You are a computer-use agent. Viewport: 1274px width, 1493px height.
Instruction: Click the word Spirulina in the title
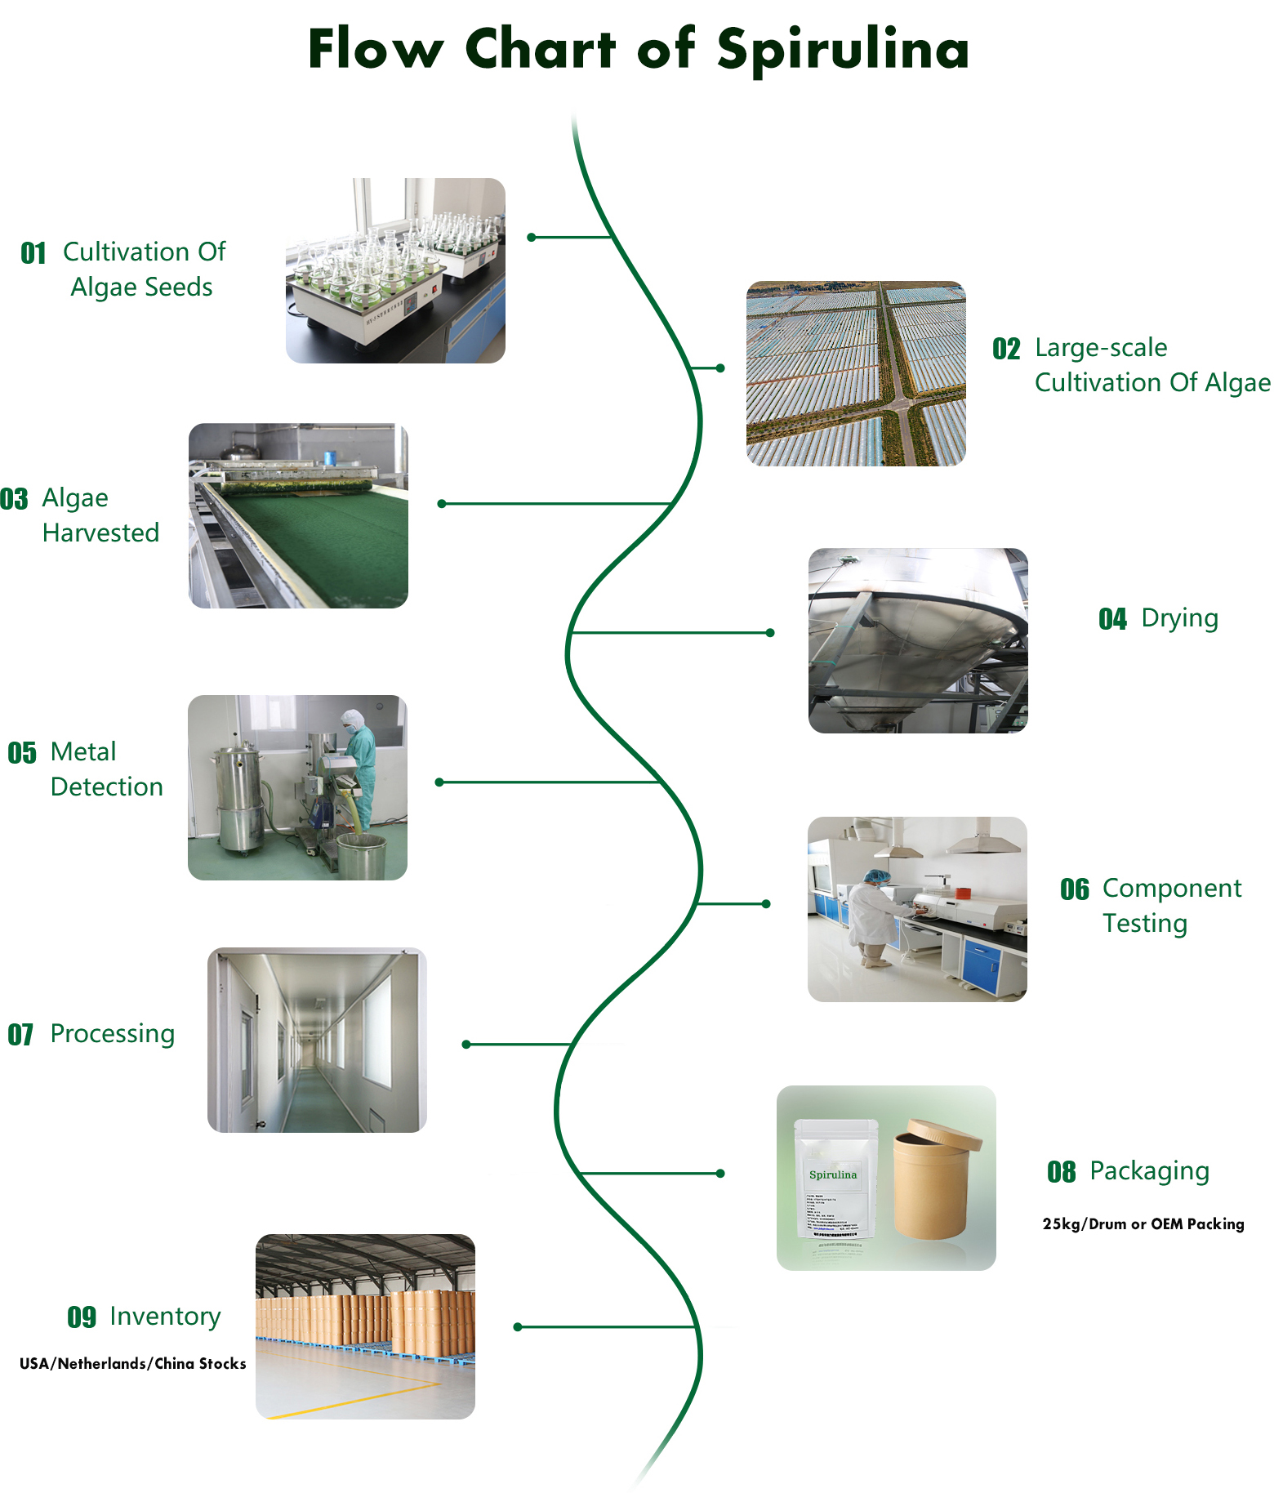click(x=843, y=49)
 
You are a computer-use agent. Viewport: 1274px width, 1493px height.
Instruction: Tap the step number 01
click(x=33, y=253)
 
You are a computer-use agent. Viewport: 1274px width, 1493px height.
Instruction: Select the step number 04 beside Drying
click(x=1112, y=619)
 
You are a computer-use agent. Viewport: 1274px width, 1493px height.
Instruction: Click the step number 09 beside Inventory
click(x=82, y=1317)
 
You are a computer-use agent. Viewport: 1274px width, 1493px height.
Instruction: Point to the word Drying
click(x=1179, y=618)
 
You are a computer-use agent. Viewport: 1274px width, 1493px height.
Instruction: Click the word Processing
click(x=113, y=1034)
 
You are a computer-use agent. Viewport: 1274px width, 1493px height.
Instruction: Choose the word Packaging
click(x=1149, y=1171)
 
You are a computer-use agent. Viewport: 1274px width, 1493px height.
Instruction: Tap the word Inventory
click(x=165, y=1317)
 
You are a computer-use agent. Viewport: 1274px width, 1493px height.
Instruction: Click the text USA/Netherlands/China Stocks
click(x=132, y=1363)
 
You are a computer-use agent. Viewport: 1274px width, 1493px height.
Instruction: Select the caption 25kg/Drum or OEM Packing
click(x=1143, y=1223)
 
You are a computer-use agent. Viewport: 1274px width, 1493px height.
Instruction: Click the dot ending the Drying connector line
click(x=770, y=633)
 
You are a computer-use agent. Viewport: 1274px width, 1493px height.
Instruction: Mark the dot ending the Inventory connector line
click(x=517, y=1327)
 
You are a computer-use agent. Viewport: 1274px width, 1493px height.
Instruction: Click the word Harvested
click(x=100, y=533)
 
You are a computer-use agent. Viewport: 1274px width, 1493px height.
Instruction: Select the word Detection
click(x=106, y=787)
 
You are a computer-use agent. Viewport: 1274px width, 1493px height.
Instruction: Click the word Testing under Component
click(x=1144, y=924)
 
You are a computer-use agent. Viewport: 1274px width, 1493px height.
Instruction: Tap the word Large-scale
click(x=1100, y=348)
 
